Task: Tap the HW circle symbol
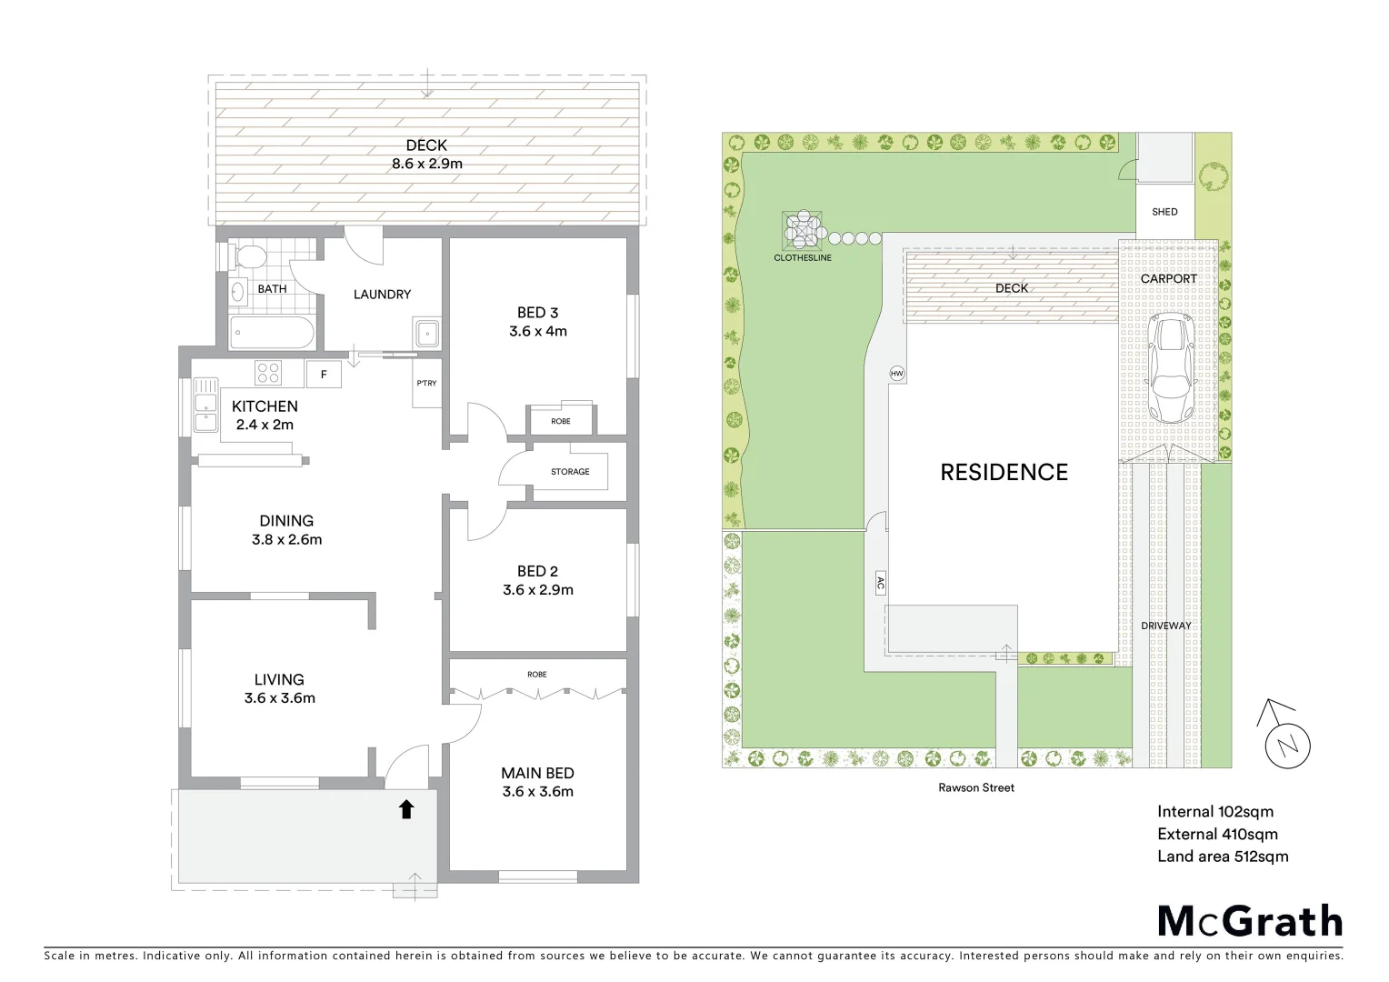(x=897, y=374)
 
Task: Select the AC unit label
(x=880, y=583)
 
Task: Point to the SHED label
(x=1164, y=212)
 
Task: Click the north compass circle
(x=1288, y=746)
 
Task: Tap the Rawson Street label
(x=976, y=787)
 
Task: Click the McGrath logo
(x=1250, y=921)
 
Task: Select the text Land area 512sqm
(x=1223, y=856)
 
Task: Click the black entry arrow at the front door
(x=405, y=808)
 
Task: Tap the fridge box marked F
(x=324, y=374)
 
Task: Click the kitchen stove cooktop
(x=268, y=373)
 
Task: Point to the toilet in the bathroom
(x=247, y=258)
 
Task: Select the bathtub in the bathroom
(x=273, y=333)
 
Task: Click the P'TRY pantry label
(x=426, y=383)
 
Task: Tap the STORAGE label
(x=570, y=472)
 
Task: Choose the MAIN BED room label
(x=537, y=773)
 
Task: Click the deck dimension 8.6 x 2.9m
(x=426, y=165)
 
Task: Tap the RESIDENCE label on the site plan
(x=1004, y=472)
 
